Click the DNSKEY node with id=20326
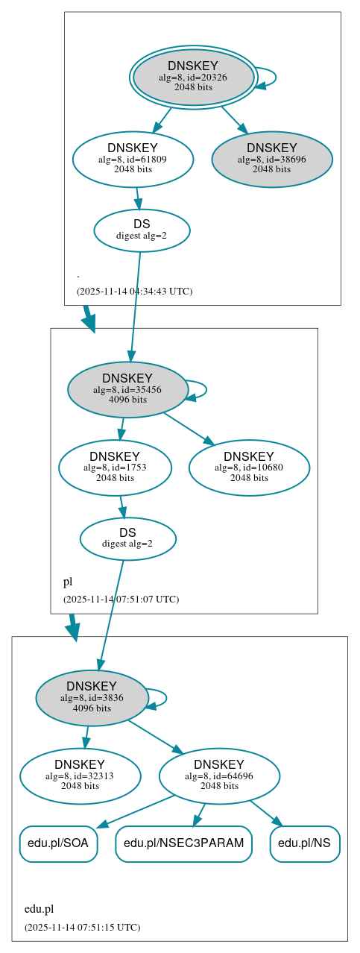point(193,77)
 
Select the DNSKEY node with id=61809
point(133,159)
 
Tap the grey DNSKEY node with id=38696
point(272,159)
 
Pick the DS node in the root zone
point(142,230)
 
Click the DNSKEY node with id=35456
point(127,389)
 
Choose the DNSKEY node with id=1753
point(115,468)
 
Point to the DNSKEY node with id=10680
point(249,468)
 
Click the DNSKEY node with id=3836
point(92,698)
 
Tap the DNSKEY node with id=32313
point(80,776)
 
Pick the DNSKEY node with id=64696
point(219,776)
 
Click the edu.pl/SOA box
point(58,843)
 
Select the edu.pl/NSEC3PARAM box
point(183,843)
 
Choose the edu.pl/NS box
point(305,843)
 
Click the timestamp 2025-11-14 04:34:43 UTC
point(134,291)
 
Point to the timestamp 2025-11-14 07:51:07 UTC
point(121,599)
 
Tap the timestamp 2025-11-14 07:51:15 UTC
point(82,927)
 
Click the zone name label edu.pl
point(39,909)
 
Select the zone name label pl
point(67,581)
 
